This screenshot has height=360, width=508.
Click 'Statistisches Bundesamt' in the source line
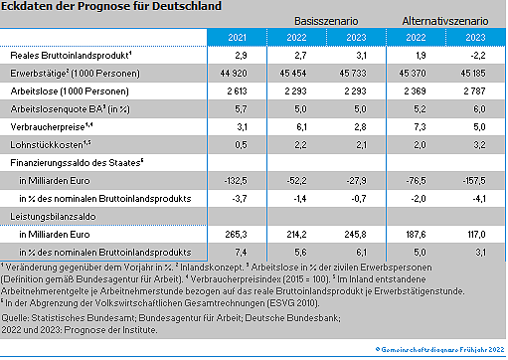[x=74, y=316]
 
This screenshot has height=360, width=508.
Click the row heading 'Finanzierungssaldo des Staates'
[x=76, y=162]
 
